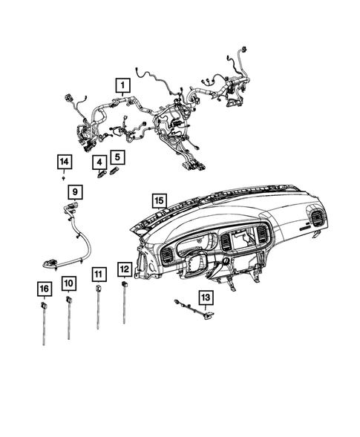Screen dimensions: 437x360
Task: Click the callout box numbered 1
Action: tap(118, 86)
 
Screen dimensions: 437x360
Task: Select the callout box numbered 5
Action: tap(116, 157)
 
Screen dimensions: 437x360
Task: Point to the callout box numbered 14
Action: tap(65, 162)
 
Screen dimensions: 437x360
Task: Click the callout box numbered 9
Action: tap(76, 192)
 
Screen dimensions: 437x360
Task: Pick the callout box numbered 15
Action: tap(157, 200)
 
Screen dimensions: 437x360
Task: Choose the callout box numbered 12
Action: tap(125, 269)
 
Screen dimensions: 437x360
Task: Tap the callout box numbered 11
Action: tap(98, 275)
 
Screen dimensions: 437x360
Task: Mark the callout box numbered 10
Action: tap(68, 283)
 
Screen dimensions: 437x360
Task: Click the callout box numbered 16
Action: tap(44, 288)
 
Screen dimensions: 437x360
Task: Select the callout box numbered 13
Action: tap(204, 297)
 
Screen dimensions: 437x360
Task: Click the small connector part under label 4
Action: tap(100, 175)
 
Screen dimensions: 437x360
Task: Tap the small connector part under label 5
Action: tap(114, 171)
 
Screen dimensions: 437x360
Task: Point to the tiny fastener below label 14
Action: tap(65, 178)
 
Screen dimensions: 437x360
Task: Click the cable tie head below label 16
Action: tap(44, 303)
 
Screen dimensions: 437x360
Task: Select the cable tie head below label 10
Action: tap(68, 299)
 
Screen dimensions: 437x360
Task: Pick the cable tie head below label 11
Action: tap(98, 290)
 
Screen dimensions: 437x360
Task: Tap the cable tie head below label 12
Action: tap(124, 284)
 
